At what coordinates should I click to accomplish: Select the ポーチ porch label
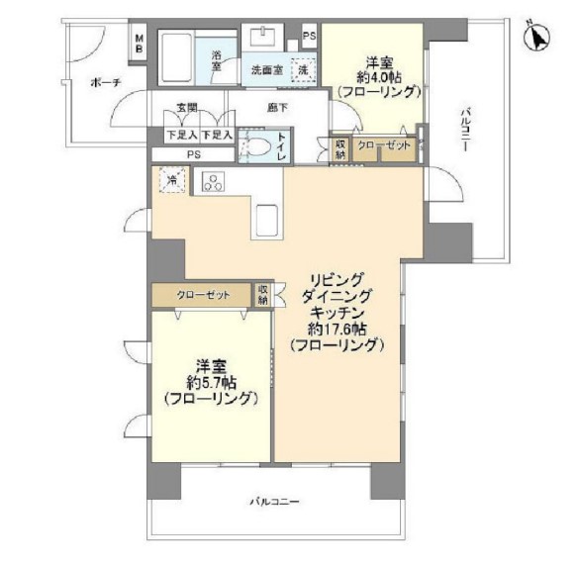[x=103, y=82]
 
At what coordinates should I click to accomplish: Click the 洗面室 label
[x=265, y=70]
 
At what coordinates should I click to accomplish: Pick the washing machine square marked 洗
[x=304, y=70]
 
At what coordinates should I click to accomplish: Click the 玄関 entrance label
[x=187, y=107]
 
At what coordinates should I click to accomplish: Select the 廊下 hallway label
[x=277, y=107]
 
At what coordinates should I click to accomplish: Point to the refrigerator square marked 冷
[x=173, y=180]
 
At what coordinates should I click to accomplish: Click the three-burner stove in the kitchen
[x=214, y=181]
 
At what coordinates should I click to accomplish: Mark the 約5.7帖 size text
[x=212, y=381]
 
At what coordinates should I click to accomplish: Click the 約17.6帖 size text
[x=338, y=329]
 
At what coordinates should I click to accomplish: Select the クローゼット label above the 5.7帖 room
[x=205, y=295]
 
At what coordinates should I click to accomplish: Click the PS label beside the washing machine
[x=310, y=37]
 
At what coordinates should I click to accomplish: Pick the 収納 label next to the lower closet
[x=263, y=294]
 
